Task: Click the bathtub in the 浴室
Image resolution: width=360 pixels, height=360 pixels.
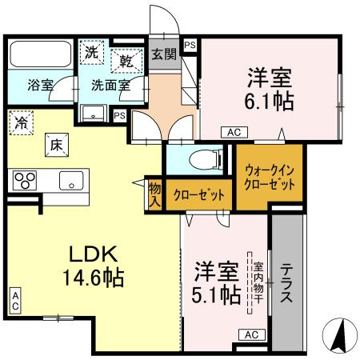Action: [x=41, y=54]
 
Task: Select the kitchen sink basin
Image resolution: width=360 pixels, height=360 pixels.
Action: [x=71, y=181]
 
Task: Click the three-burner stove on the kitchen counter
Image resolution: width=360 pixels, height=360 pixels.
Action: [x=25, y=180]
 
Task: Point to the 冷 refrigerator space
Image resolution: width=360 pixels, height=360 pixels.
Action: [x=21, y=123]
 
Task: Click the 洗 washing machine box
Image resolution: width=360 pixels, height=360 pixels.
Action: [x=92, y=52]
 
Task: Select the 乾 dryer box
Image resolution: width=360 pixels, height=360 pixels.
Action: [x=126, y=61]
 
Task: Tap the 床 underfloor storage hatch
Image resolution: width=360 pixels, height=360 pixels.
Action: [x=57, y=145]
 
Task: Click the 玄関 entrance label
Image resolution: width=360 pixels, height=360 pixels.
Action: [x=164, y=54]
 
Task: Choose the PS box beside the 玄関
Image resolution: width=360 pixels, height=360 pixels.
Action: [x=190, y=46]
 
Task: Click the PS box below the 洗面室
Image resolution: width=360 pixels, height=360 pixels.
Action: [x=120, y=116]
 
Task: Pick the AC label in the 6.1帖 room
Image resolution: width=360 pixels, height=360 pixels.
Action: [x=234, y=132]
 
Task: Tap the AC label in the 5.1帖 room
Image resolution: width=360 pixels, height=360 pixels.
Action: [x=252, y=334]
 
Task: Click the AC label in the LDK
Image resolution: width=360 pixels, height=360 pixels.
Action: [x=15, y=301]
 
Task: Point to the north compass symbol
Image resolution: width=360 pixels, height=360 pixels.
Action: [x=339, y=335]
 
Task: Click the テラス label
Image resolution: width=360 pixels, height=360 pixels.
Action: [x=286, y=282]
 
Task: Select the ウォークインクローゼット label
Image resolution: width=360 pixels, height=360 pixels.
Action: [x=270, y=178]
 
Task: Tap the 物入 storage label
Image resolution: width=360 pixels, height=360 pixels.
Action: [x=155, y=195]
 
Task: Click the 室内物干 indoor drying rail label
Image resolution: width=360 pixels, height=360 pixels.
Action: [x=258, y=282]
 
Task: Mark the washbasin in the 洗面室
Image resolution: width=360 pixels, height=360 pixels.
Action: [x=93, y=114]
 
